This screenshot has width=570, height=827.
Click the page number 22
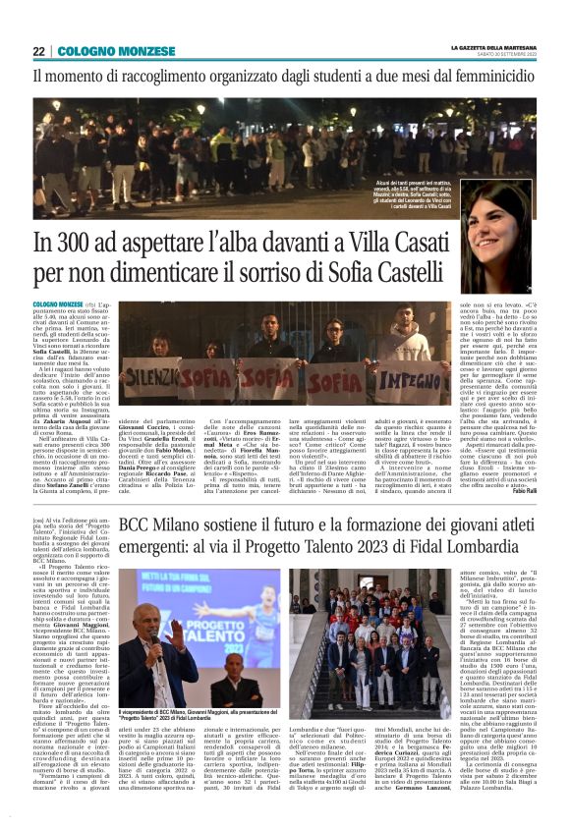[x=38, y=51]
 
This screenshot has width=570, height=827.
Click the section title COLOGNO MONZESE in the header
[x=109, y=51]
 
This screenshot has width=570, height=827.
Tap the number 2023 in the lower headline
[x=400, y=556]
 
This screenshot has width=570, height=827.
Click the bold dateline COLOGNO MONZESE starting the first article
[x=58, y=305]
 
